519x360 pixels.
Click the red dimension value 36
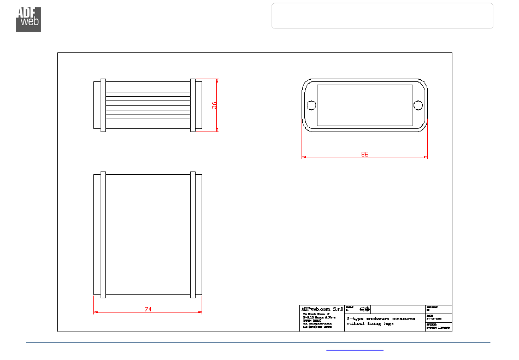tap(215, 105)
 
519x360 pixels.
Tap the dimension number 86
tap(364, 154)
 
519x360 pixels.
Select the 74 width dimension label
tap(148, 309)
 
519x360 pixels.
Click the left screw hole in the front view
tap(311, 105)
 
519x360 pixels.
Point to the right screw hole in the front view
tap(418, 105)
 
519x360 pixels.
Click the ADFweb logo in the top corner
tap(28, 19)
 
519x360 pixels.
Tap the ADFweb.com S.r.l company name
tap(322, 309)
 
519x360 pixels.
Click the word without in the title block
tap(356, 323)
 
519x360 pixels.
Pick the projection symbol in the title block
tap(364, 309)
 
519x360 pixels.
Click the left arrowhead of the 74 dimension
tap(96, 312)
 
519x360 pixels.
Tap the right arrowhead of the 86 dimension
tap(426, 157)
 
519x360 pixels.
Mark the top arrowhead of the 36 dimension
tap(217, 80)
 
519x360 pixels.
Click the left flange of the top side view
tap(103, 105)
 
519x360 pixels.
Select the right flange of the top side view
tap(193, 105)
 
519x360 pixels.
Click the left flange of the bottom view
tap(103, 235)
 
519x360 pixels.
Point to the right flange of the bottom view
tap(193, 235)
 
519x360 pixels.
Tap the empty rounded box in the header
tap(382, 15)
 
